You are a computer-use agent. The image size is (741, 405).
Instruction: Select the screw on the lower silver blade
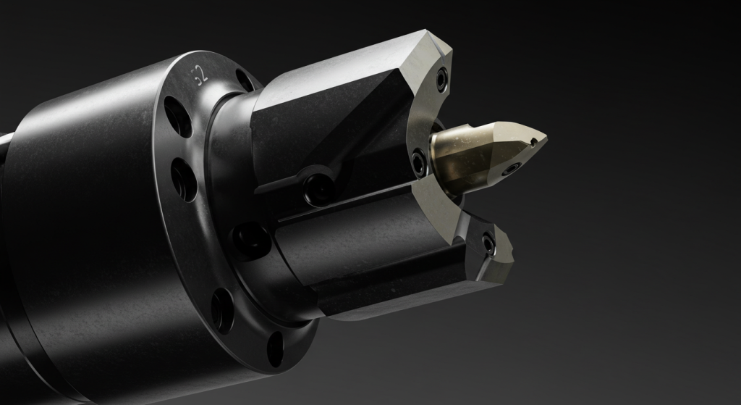coord(489,244)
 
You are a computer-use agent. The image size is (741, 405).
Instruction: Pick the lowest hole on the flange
coord(276,348)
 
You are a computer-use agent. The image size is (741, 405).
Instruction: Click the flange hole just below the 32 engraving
coord(177,116)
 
